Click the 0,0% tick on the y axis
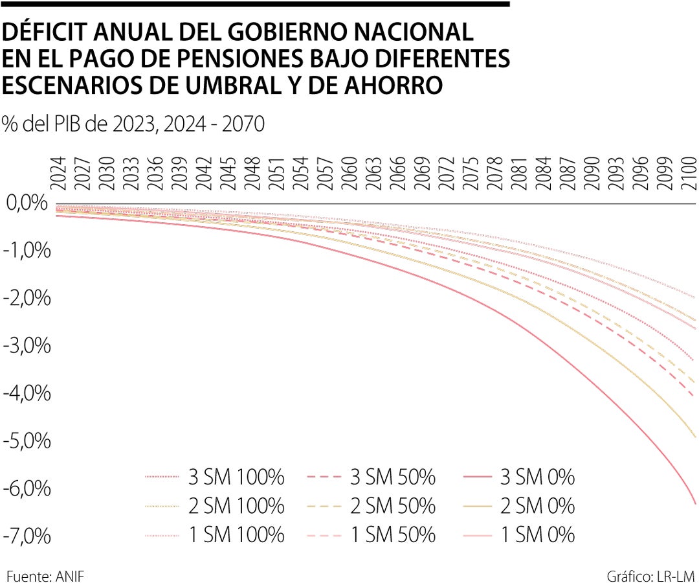tap(27, 204)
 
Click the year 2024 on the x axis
tap(58, 174)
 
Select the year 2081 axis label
tap(518, 174)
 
